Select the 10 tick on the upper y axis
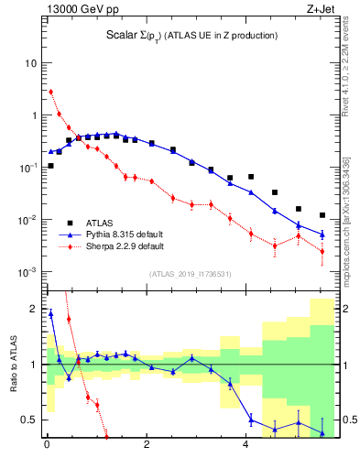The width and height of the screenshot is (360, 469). [x=31, y=63]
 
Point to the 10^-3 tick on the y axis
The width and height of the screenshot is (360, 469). [x=27, y=272]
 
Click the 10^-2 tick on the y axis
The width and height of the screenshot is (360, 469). [x=27, y=220]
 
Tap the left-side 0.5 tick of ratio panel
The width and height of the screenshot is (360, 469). [x=29, y=420]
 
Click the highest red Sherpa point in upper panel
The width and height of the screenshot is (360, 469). [x=50, y=92]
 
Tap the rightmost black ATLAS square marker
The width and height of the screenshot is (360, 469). [x=322, y=215]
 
